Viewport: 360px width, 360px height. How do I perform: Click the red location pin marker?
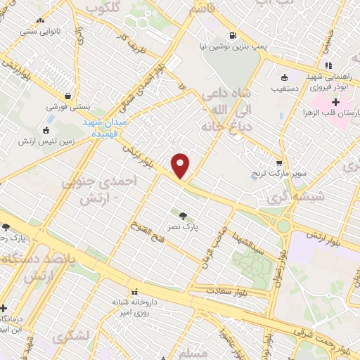(x=181, y=166)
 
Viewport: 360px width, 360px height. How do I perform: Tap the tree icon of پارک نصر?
(x=184, y=216)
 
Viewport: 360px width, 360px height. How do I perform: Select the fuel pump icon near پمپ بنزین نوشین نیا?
(x=231, y=36)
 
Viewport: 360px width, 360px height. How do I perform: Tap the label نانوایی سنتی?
(x=39, y=31)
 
